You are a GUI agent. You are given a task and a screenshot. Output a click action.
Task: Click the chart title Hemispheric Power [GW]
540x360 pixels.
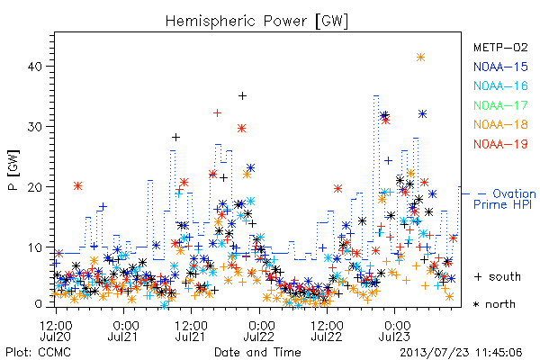click(256, 22)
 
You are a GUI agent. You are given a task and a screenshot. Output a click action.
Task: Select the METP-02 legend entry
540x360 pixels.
click(500, 47)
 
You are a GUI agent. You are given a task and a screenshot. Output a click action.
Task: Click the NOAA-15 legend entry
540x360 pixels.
click(500, 67)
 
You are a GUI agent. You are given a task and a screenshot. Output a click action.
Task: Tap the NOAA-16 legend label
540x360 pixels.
click(500, 85)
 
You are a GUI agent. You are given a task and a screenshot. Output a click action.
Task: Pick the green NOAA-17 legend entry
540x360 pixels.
click(500, 105)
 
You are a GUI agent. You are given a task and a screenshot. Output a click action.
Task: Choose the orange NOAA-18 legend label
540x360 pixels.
click(500, 124)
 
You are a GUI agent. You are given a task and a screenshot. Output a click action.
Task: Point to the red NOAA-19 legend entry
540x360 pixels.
click(500, 144)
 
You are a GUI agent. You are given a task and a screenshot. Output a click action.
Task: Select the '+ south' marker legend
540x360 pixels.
click(498, 276)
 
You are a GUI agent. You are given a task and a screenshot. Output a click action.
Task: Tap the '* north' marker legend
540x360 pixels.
click(494, 304)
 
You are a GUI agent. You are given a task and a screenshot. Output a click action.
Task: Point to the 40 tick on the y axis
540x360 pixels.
click(34, 66)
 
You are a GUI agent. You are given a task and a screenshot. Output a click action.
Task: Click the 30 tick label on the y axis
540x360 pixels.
click(34, 126)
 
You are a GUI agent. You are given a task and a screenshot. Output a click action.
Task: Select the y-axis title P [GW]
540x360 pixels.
click(13, 170)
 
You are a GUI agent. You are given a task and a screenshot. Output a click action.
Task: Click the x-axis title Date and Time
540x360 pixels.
click(257, 352)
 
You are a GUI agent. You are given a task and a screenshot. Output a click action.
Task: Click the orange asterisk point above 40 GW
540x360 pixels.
click(420, 58)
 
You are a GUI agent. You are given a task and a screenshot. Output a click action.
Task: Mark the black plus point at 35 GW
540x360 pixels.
click(242, 95)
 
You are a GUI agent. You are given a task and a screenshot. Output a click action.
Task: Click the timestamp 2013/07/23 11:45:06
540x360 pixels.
click(461, 353)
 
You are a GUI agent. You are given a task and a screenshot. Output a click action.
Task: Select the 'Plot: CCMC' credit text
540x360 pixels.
click(38, 353)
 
